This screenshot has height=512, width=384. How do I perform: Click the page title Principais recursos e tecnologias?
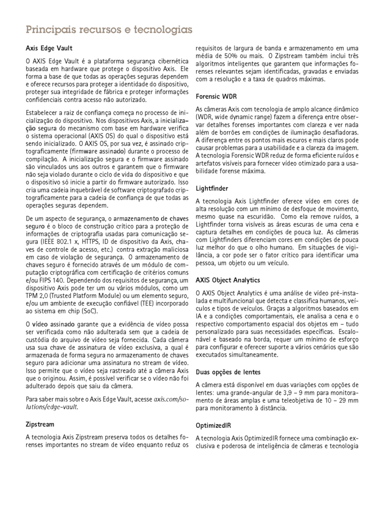(109, 30)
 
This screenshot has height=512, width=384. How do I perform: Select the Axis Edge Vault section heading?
(49, 48)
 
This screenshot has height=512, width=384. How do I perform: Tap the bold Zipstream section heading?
(40, 424)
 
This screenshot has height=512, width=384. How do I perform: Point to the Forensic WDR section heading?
(216, 95)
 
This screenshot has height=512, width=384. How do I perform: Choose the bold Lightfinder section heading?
(212, 188)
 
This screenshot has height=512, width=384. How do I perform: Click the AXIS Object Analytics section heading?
(227, 280)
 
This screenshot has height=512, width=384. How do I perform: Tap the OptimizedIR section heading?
(213, 425)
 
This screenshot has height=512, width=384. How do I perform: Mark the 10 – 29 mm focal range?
(341, 400)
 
